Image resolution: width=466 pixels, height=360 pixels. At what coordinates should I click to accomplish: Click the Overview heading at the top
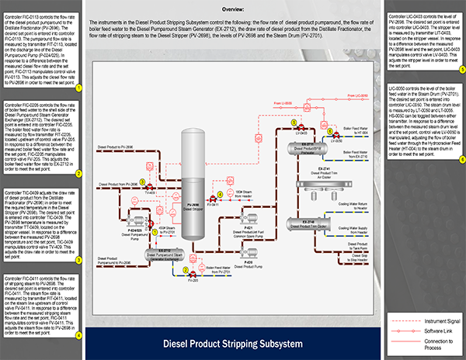pyautogui.click(x=233, y=8)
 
